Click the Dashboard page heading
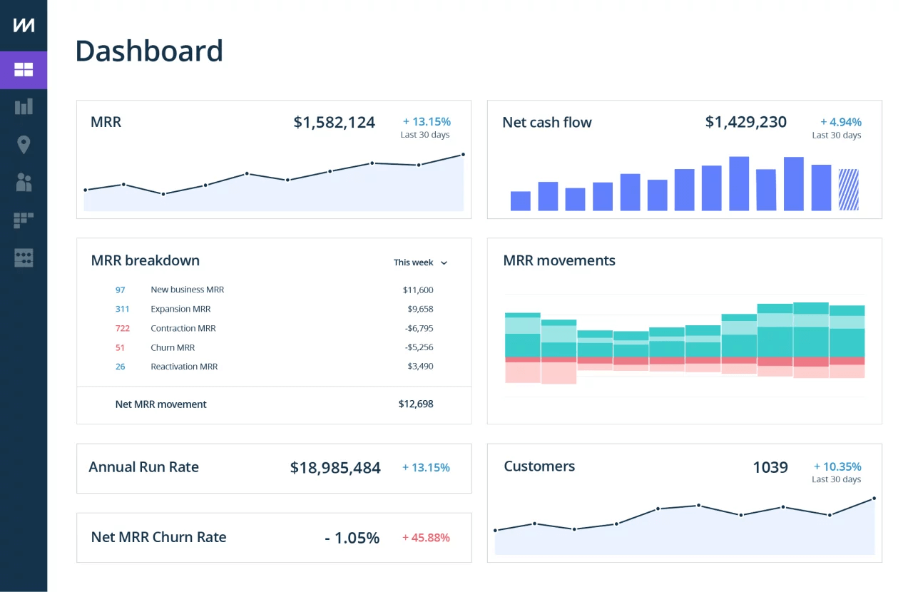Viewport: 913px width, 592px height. pos(149,51)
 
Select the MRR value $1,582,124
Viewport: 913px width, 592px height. pos(334,122)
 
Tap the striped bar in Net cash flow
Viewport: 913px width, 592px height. pos(848,190)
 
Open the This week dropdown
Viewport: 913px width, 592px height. pos(421,262)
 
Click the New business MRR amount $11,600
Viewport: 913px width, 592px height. pos(417,290)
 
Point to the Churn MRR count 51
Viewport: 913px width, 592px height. pos(120,347)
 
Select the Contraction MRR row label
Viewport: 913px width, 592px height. pos(183,328)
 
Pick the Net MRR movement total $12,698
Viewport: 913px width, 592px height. pos(415,404)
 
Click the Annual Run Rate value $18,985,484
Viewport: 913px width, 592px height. pos(335,468)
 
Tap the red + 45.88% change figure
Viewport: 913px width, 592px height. pos(426,538)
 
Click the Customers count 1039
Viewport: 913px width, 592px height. pos(770,467)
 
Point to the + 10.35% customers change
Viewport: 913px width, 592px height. pos(837,466)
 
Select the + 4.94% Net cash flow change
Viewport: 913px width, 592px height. pos(840,122)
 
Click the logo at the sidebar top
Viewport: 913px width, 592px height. pos(24,25)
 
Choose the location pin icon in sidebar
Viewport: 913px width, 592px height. pos(24,145)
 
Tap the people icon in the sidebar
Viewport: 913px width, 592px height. pos(24,183)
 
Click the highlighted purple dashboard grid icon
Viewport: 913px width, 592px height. pos(24,70)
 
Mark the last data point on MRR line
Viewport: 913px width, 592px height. pos(463,154)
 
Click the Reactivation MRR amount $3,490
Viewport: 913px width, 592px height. pos(420,366)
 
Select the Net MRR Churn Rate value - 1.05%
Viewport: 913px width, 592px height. pos(352,538)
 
